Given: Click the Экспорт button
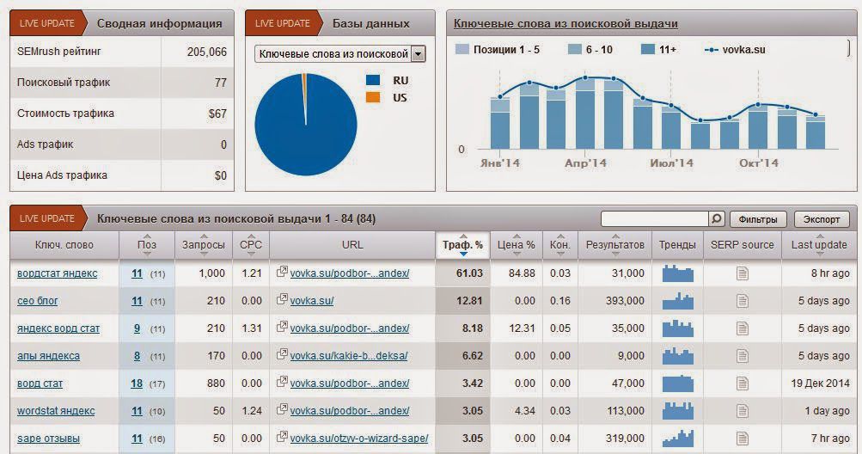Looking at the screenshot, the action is point(822,219).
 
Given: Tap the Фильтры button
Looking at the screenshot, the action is point(757,219).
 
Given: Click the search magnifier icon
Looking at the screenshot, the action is point(716,218).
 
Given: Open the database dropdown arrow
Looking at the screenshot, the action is point(419,54).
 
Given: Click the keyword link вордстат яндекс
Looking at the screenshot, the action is point(58,273).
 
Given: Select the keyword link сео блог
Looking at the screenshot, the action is point(37,301).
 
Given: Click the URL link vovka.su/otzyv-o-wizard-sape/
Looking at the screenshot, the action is point(359,439).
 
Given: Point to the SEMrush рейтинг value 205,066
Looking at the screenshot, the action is point(207,52).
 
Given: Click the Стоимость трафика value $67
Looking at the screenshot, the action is point(217,113).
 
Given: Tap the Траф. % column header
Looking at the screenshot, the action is point(463,245).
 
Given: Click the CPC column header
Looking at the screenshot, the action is point(251,245).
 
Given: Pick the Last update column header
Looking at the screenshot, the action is point(819,245).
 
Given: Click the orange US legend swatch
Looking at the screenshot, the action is point(373,97).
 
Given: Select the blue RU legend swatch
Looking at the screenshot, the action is point(373,80).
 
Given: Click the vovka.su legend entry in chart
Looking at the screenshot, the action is point(735,50).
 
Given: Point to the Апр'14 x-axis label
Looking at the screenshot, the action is point(585,163).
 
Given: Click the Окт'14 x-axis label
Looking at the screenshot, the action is point(759,163).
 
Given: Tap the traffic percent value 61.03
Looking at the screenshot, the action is point(469,273).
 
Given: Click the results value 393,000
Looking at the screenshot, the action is point(624,301).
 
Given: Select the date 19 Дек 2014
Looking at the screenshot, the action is point(820,383).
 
